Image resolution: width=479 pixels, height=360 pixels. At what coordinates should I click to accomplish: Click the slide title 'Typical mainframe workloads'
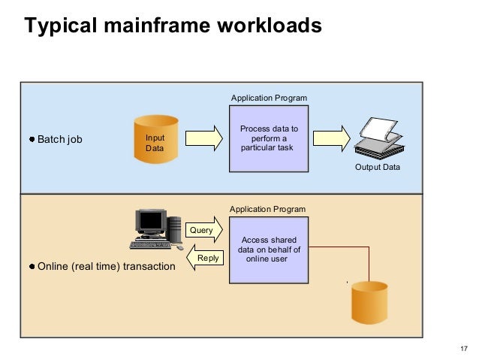[173, 26]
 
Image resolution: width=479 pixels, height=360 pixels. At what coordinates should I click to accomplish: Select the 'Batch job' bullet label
[60, 140]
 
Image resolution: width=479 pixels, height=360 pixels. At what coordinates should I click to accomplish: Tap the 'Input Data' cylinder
[155, 139]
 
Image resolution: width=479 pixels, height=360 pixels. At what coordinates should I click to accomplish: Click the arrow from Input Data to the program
[203, 140]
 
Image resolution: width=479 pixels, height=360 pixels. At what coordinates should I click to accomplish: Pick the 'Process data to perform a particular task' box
[269, 139]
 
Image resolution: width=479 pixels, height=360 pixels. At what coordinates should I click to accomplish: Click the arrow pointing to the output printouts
[331, 140]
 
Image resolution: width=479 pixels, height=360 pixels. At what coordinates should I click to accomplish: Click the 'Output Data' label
[377, 168]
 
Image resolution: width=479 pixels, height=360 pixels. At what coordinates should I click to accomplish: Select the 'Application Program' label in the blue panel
[268, 98]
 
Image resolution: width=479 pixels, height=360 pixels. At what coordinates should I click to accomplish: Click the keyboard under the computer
[155, 244]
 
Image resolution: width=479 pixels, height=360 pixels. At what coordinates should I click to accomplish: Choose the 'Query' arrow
[203, 230]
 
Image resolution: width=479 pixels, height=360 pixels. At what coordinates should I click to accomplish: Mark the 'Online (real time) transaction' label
[105, 267]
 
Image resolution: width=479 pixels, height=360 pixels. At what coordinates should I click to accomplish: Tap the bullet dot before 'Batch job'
[32, 140]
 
